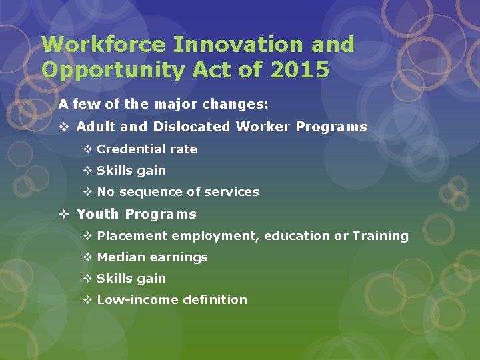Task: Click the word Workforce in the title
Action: [103, 45]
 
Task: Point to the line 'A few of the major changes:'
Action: [163, 105]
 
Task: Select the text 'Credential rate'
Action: [147, 149]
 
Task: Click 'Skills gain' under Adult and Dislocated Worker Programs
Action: [131, 171]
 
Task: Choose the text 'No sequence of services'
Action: [177, 192]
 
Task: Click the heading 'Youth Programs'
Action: [136, 214]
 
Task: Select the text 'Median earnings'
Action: [152, 257]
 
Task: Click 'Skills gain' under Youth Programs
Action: [131, 279]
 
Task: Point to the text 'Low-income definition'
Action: [171, 300]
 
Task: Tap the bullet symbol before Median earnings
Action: [87, 257]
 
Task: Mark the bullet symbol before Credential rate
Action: [87, 149]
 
